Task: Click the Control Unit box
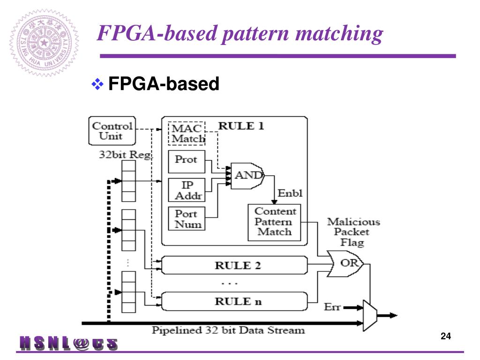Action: click(112, 131)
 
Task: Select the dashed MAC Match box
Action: click(187, 133)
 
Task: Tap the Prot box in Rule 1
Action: click(187, 160)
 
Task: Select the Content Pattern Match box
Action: click(274, 222)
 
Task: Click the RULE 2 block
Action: click(234, 266)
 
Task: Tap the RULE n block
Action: click(234, 301)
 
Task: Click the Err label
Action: click(332, 307)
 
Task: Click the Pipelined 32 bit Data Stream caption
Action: click(228, 330)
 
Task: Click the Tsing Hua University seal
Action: click(45, 43)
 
